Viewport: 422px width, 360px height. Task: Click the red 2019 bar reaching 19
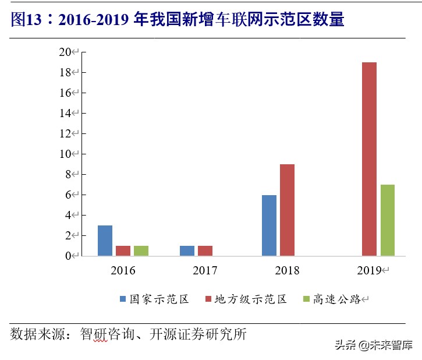369,159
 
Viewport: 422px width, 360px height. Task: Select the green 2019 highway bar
387,220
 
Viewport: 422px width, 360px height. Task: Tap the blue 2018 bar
269,225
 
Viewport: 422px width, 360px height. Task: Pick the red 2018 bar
287,210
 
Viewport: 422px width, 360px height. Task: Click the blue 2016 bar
105,241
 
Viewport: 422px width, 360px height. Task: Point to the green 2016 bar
141,250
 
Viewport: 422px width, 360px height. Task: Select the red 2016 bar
123,250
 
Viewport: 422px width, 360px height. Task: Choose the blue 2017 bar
187,250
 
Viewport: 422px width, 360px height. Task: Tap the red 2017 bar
205,250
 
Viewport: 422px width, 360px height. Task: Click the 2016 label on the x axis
123,270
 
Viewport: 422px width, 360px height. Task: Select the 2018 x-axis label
287,270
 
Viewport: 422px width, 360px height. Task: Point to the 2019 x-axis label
369,270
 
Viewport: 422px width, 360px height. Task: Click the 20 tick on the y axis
65,52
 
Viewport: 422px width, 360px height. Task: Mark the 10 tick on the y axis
65,154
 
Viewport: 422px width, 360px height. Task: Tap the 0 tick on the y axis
68,256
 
